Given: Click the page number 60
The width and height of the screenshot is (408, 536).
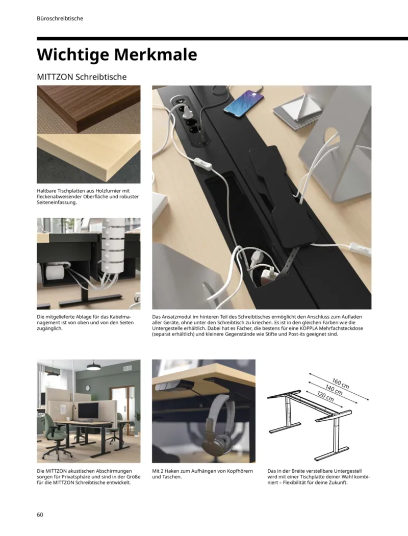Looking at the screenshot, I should click(40, 514).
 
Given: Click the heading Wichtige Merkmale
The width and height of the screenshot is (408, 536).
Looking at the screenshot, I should click(117, 54).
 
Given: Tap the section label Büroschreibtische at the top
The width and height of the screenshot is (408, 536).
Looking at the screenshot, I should click(60, 18).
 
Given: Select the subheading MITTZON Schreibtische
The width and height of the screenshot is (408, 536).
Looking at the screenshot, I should click(82, 77).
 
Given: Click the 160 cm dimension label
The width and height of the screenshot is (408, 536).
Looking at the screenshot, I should click(340, 383).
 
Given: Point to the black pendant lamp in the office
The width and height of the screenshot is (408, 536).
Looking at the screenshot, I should click(94, 366).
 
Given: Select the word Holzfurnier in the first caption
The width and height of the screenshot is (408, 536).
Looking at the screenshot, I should click(113, 191).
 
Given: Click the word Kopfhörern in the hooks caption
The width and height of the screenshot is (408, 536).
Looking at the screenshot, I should click(239, 471).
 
